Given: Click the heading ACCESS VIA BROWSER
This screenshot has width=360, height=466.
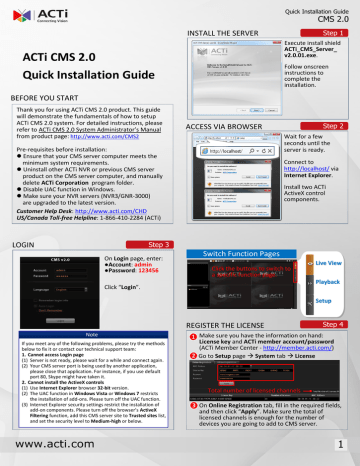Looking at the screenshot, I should pyautogui.click(x=226, y=128).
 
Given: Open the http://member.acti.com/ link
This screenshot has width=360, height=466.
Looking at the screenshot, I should pyautogui.click(x=300, y=344).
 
